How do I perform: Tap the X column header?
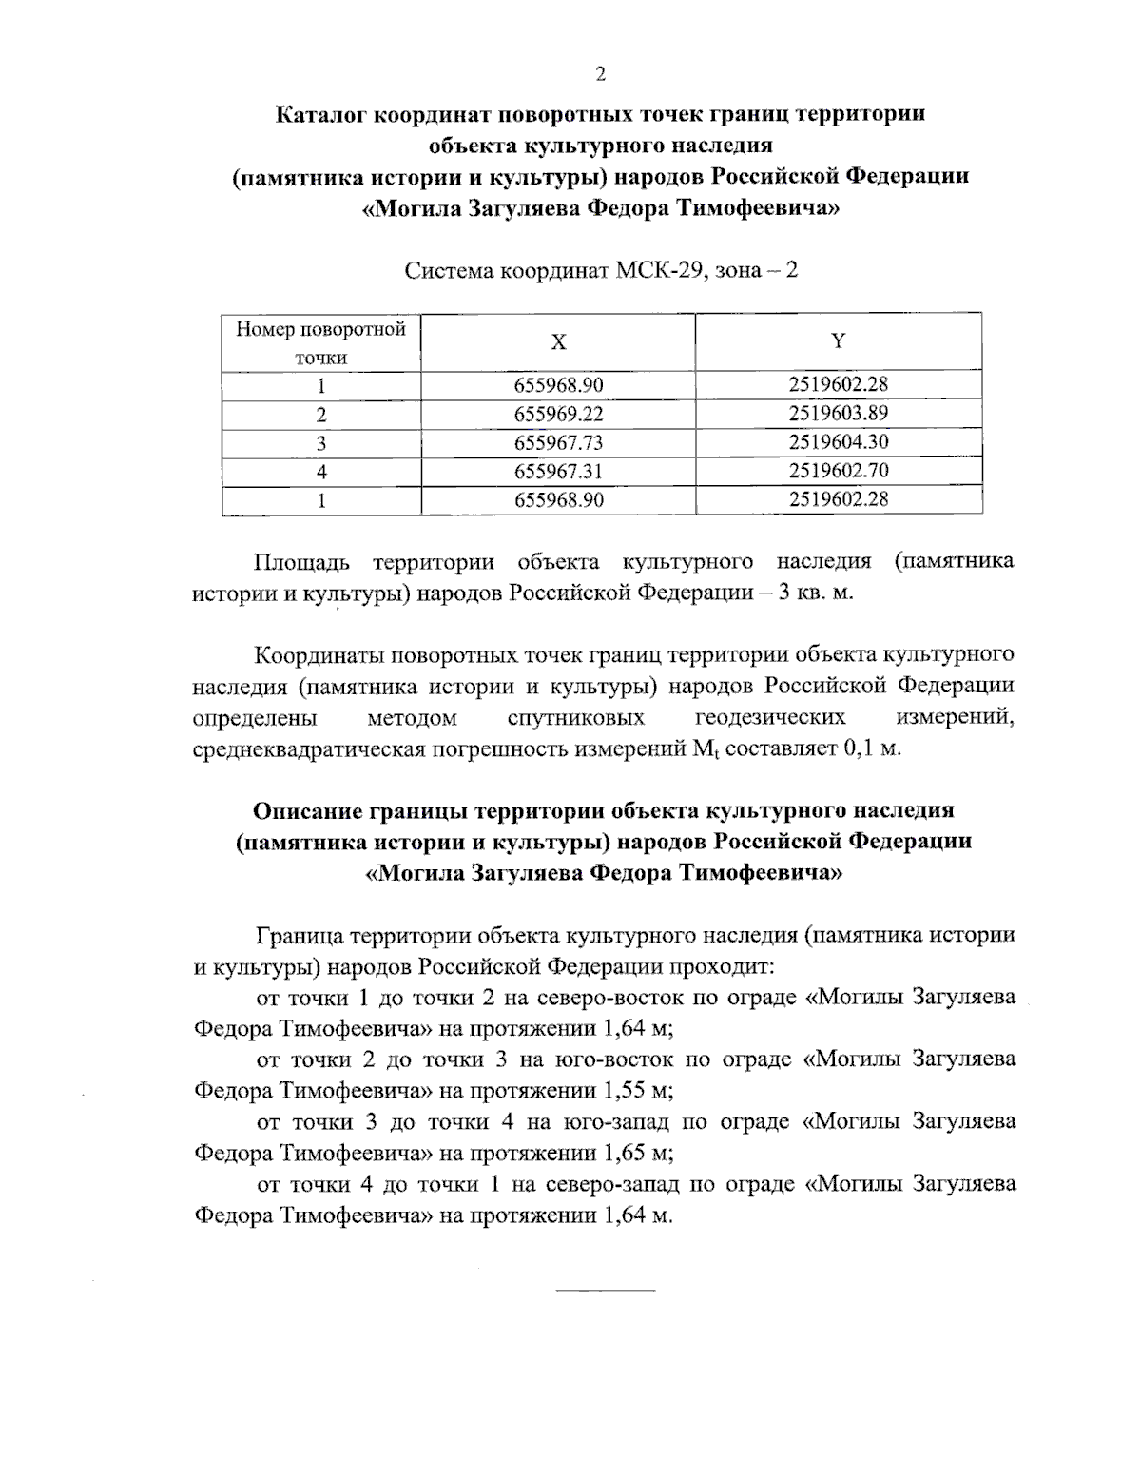[558, 341]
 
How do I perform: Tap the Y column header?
[838, 341]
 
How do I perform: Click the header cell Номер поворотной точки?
[321, 343]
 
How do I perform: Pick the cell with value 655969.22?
[558, 415]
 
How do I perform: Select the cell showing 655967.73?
[558, 443]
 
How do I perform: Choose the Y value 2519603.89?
[838, 414]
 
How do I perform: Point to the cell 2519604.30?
[838, 442]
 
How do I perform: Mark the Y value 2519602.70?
[838, 471]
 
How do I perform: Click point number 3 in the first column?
[321, 443]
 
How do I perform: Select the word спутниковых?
[576, 716]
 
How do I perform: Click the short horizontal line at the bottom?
[605, 1290]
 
